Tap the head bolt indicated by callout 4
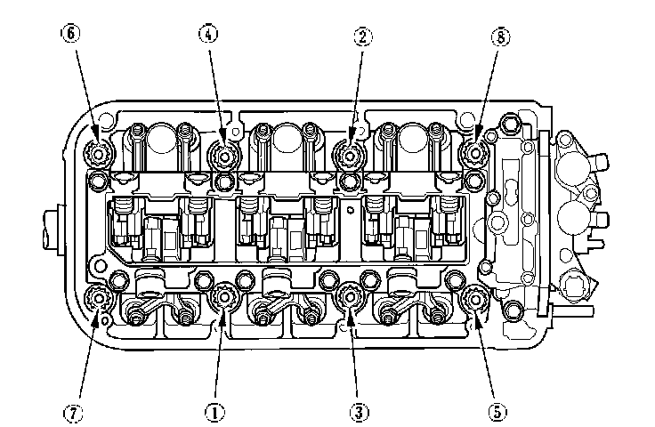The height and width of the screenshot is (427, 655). pyautogui.click(x=224, y=155)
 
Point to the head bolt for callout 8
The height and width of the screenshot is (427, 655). pyautogui.click(x=473, y=153)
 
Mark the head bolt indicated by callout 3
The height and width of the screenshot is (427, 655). pyautogui.click(x=351, y=299)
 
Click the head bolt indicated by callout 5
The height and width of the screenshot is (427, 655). pyautogui.click(x=473, y=301)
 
